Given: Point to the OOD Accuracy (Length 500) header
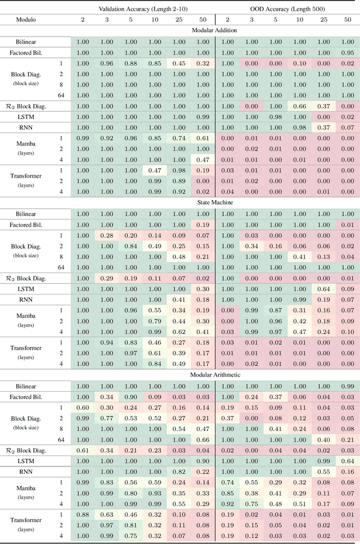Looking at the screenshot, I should click(x=287, y=8).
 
